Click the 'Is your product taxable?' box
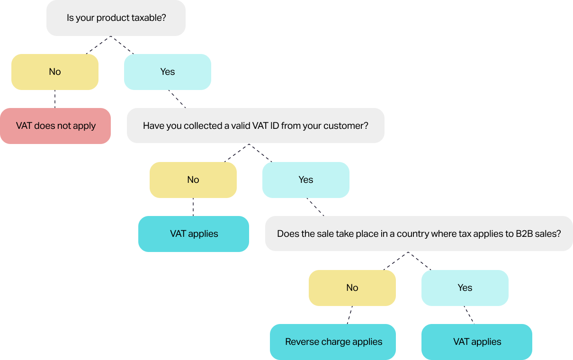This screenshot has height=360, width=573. (116, 18)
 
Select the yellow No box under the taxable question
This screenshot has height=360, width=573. (55, 72)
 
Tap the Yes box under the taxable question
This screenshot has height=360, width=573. (168, 72)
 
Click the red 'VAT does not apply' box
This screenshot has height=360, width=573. (55, 126)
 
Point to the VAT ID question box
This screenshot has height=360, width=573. (256, 126)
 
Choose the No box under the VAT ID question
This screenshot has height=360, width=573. (193, 180)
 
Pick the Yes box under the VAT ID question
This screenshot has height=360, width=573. (306, 180)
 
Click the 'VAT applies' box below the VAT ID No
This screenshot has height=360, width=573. (194, 234)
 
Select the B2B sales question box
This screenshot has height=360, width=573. (419, 234)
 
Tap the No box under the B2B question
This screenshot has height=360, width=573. (352, 288)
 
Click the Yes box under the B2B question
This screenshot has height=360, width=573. (465, 288)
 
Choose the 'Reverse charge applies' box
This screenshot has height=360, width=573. (333, 342)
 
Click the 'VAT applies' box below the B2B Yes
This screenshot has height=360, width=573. (477, 342)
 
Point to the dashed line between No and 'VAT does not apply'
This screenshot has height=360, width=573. (55, 99)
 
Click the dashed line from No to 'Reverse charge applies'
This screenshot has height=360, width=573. (349, 315)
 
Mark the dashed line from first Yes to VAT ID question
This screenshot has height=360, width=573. (177, 99)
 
